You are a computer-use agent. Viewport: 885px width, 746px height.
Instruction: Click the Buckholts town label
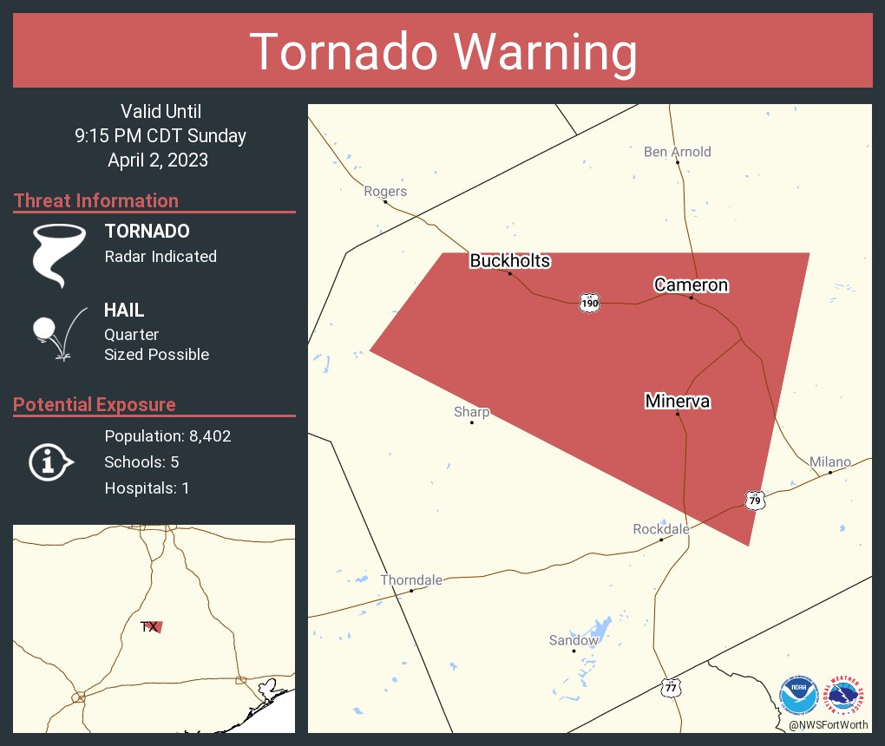pos(510,261)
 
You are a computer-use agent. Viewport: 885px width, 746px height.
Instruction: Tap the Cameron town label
pos(691,285)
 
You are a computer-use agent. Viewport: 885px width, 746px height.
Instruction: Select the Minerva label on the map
pos(678,401)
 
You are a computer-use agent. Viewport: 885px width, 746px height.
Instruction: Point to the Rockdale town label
pos(661,529)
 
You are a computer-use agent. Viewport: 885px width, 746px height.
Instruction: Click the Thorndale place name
pos(411,579)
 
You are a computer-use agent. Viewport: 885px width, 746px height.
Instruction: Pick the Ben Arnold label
pos(677,152)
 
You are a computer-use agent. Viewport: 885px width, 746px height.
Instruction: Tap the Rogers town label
pos(385,191)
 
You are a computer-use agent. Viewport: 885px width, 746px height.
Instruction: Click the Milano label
pos(830,461)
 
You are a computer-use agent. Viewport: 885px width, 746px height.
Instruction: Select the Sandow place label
pos(574,640)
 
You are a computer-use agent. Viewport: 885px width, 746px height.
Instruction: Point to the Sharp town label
pos(472,412)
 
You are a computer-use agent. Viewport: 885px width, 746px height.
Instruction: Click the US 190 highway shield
pos(590,303)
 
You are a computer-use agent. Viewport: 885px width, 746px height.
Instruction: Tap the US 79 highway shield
pos(755,500)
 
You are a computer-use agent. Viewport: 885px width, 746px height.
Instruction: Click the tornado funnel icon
pos(58,255)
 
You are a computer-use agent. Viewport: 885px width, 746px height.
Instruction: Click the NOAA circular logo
pos(798,695)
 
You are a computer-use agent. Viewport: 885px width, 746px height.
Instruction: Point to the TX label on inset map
pos(149,626)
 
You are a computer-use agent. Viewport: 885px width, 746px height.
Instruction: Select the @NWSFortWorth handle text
pos(828,724)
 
